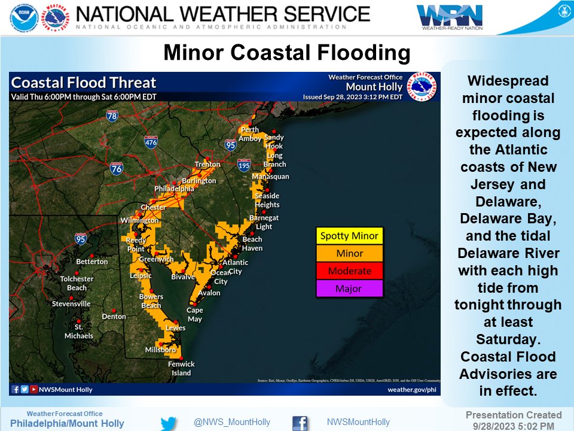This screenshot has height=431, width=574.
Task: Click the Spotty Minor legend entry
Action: click(x=349, y=236)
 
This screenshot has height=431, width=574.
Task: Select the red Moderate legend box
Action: click(x=349, y=271)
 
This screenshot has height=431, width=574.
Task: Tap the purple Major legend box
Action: click(x=349, y=289)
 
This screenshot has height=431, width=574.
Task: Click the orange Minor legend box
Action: click(x=349, y=253)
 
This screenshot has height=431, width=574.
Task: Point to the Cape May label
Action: click(x=195, y=314)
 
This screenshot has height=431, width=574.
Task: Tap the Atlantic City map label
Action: click(x=235, y=266)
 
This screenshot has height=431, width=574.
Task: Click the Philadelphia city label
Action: click(x=174, y=189)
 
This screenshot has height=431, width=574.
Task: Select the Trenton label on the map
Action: click(x=207, y=164)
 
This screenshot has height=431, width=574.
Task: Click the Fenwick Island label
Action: click(x=181, y=368)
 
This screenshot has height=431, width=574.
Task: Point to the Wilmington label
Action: click(x=139, y=220)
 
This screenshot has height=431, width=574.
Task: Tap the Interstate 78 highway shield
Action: click(x=112, y=116)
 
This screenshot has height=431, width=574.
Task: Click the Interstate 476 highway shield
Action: click(x=151, y=142)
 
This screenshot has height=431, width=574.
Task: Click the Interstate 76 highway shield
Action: click(x=117, y=168)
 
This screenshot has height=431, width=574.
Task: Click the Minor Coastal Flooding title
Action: click(x=287, y=53)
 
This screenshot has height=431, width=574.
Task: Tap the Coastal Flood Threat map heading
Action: click(x=84, y=83)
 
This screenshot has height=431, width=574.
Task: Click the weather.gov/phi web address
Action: click(x=411, y=389)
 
